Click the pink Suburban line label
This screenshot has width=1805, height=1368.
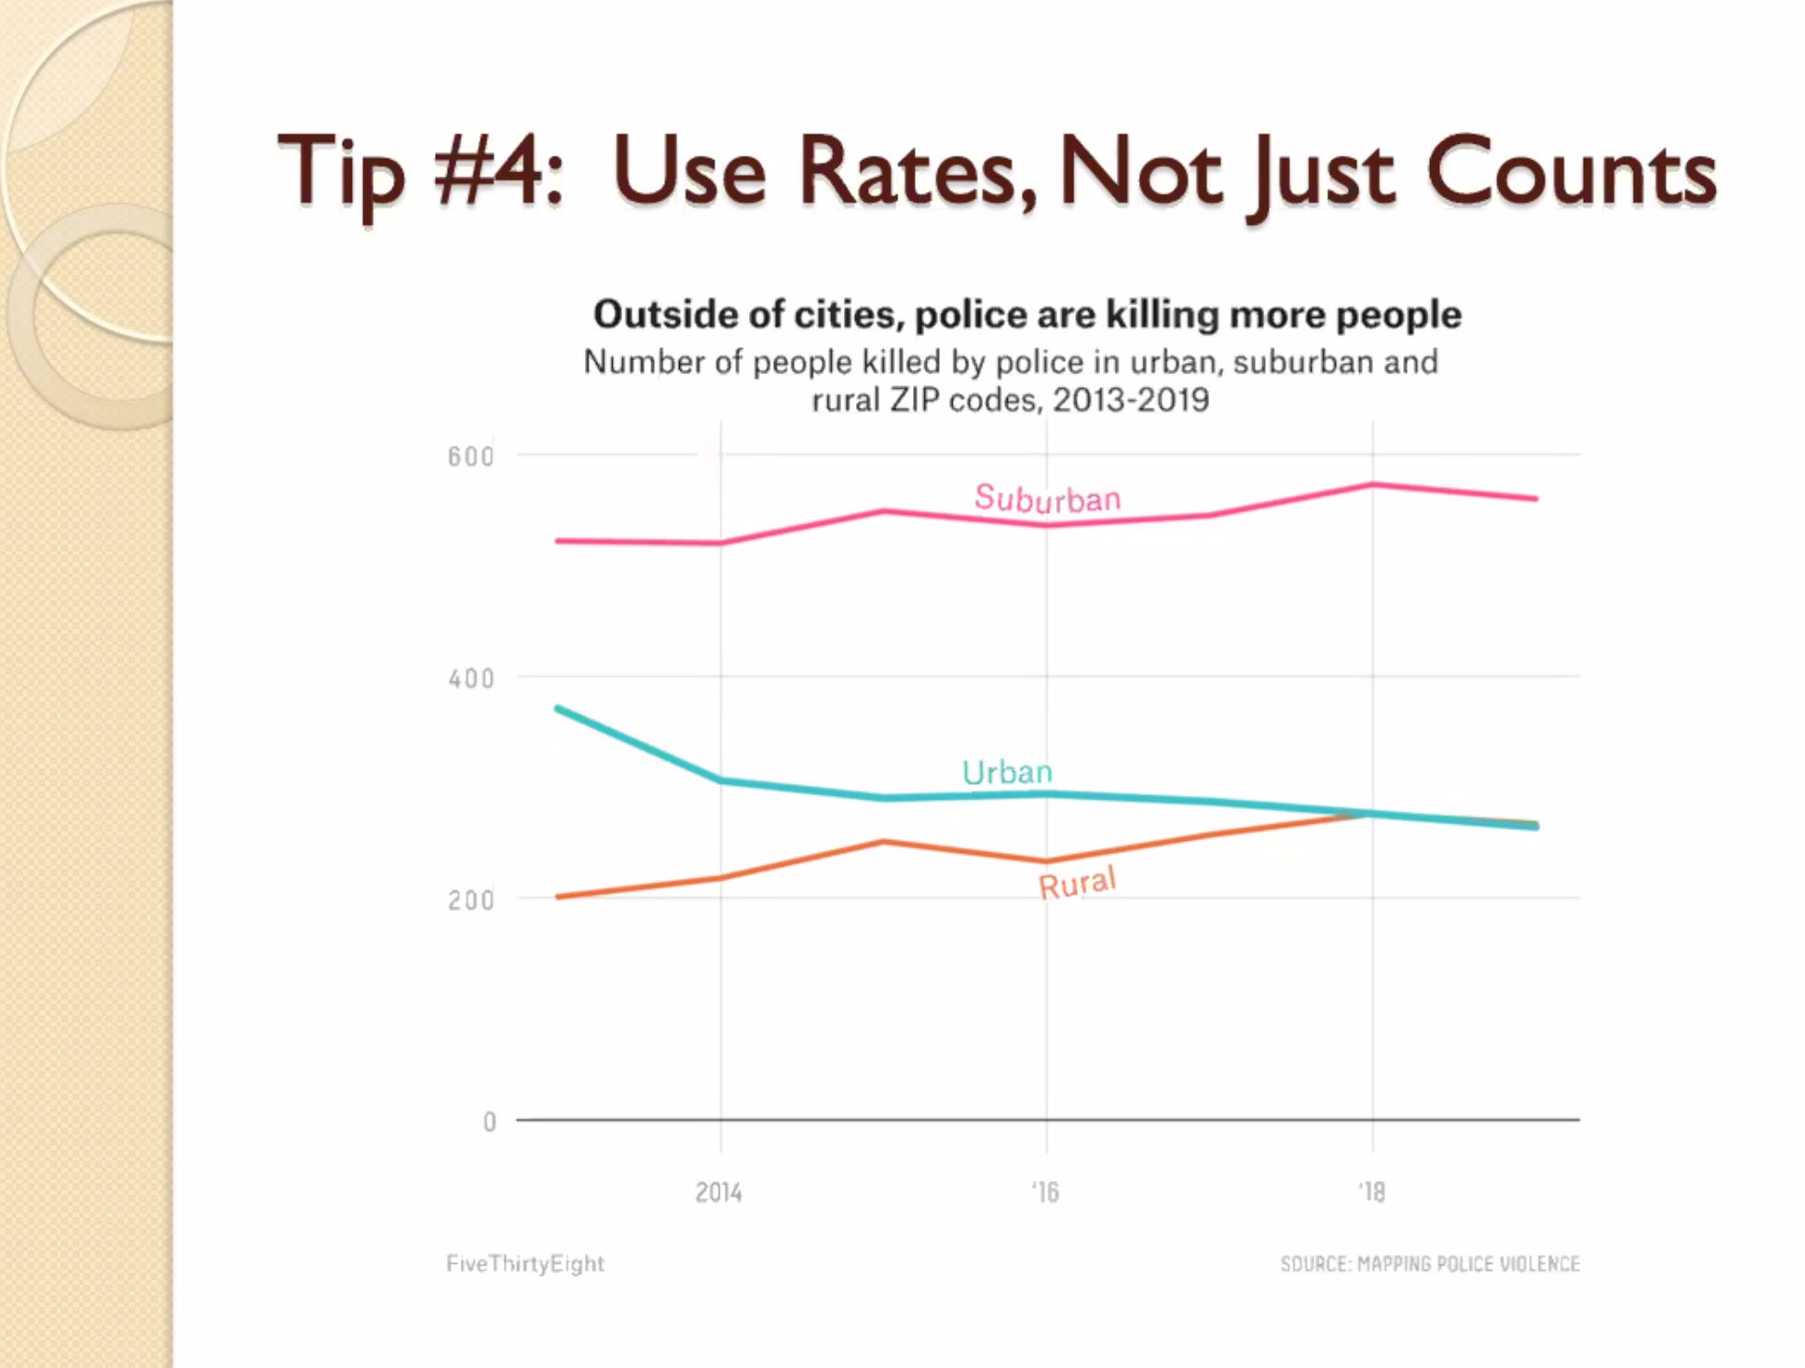click(1048, 498)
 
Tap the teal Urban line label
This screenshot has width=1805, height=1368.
click(1006, 772)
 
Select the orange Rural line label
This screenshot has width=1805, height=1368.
click(1077, 883)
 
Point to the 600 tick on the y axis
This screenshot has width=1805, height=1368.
click(471, 457)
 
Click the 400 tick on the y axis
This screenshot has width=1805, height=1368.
click(471, 679)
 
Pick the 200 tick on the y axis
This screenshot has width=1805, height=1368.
click(471, 900)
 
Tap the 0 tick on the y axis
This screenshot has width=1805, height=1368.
click(489, 1121)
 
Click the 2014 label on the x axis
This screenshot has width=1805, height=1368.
click(719, 1193)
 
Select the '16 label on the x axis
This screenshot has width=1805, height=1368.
click(1045, 1193)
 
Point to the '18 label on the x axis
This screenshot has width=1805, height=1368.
click(1371, 1193)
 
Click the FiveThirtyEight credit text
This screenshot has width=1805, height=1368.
click(525, 1264)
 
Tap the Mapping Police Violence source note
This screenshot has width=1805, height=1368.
click(1430, 1264)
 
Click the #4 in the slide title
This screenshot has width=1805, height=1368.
click(498, 171)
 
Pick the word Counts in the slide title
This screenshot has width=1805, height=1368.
click(1571, 171)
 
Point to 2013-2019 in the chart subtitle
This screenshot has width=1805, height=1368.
click(1131, 400)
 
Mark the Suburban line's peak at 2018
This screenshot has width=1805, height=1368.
click(1373, 485)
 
